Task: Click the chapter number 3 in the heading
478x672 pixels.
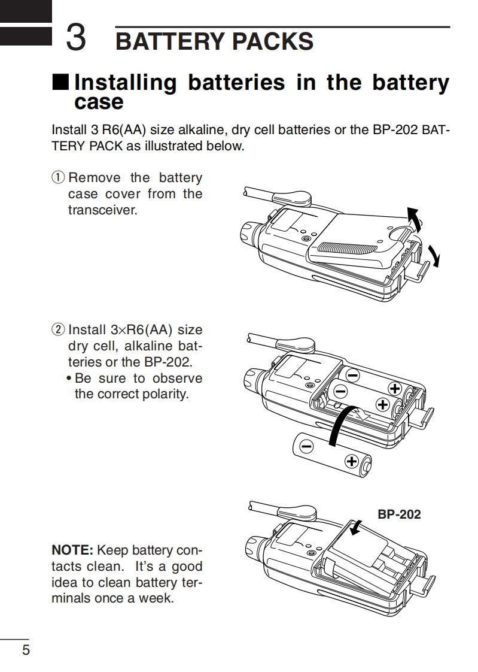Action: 75,38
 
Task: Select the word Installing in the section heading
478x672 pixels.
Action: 125,83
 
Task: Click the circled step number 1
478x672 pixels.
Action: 57,178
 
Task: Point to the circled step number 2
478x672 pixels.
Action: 57,330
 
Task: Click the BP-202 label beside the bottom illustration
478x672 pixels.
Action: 399,514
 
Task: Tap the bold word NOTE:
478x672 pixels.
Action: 72,550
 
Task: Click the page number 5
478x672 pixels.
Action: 25,650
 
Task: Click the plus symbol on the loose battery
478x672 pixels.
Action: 352,461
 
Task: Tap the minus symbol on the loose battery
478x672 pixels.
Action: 307,446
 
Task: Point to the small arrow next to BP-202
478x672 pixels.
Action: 357,526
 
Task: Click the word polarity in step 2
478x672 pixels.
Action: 163,395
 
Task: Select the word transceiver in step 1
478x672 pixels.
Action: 102,210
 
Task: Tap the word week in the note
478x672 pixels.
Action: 155,598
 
